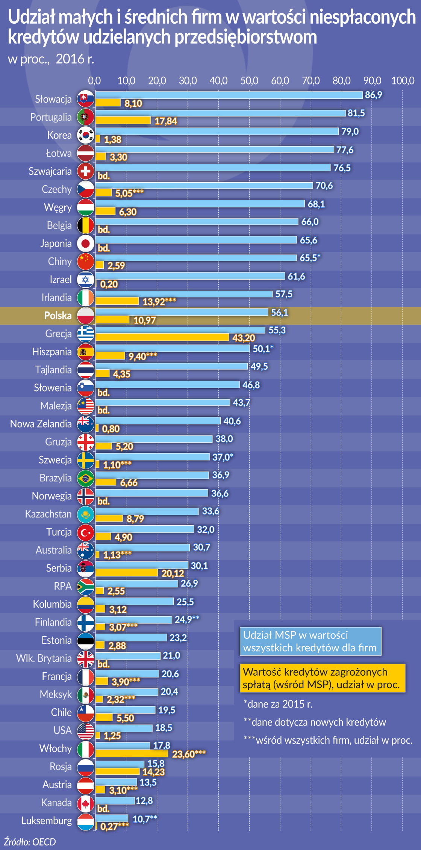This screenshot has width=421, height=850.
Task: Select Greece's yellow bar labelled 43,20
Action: [162, 337]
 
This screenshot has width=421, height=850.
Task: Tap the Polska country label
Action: [58, 316]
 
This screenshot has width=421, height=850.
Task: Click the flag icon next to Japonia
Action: [86, 244]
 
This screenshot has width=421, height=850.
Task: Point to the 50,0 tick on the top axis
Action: [249, 81]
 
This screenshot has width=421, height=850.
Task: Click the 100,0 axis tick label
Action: [403, 81]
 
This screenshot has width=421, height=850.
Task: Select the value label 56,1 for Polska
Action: [279, 313]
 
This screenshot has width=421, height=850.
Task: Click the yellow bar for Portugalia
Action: [123, 120]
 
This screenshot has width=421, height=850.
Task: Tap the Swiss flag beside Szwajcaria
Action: [86, 171]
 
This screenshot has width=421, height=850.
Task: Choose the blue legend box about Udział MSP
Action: [310, 641]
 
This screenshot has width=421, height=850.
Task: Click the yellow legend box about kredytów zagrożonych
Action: [322, 678]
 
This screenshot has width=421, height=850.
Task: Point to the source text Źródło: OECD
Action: [30, 842]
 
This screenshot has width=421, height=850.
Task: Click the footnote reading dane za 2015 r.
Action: [279, 704]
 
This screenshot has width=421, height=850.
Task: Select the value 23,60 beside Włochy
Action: [189, 754]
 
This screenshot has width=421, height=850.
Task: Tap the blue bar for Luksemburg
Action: [112, 818]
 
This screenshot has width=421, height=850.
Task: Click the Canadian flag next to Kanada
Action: [86, 803]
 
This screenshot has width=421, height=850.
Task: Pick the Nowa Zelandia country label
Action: [41, 424]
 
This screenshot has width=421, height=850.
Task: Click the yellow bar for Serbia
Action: [126, 573]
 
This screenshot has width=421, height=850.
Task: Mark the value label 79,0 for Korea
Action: [350, 132]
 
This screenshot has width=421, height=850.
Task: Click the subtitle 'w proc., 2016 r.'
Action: [51, 59]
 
